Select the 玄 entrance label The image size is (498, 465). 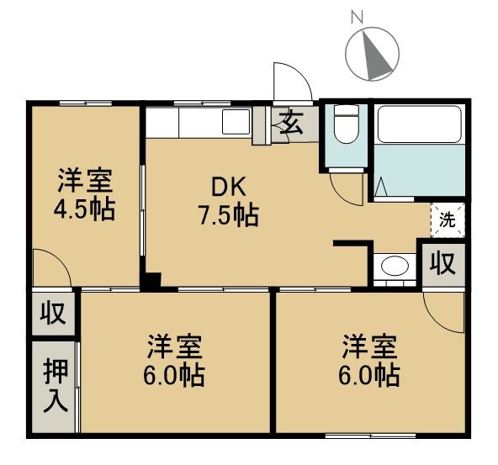coord(292,125)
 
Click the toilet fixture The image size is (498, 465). coord(343,126)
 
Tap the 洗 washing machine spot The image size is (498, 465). coord(448,220)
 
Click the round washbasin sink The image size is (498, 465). coord(393,267)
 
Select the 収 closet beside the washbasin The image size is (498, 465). coord(443,263)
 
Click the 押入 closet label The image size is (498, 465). coord(54,387)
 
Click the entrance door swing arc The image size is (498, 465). coord(293,82)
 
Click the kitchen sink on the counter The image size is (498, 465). coord(236,122)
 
